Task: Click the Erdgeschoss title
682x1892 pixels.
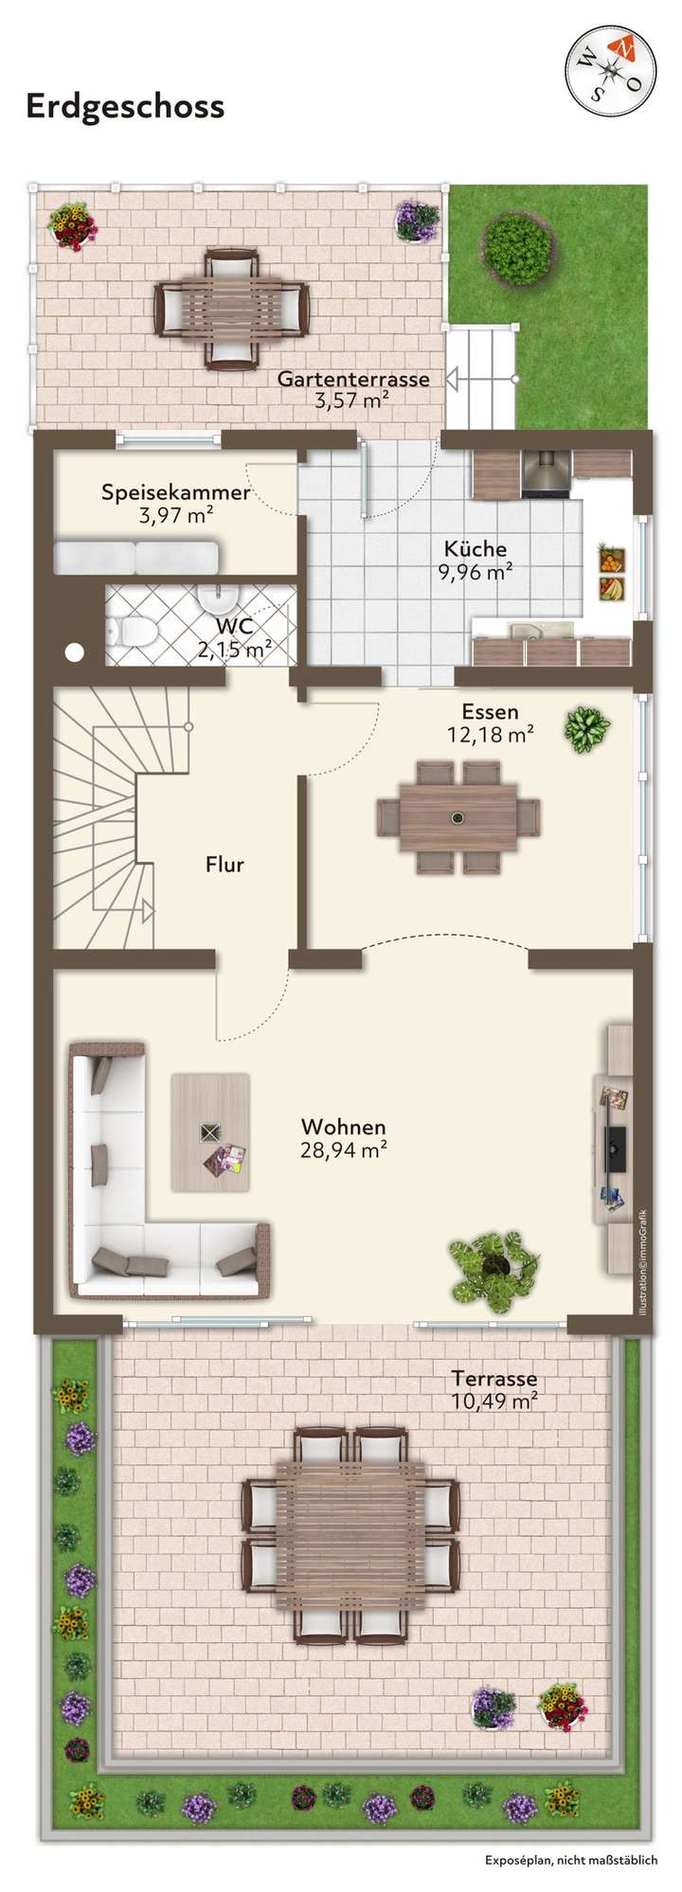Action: [x=125, y=106]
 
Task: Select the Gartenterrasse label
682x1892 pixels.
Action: [x=353, y=379]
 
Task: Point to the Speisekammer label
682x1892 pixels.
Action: [x=175, y=492]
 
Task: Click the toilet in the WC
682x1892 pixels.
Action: [x=132, y=629]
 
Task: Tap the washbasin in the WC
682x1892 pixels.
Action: [x=219, y=597]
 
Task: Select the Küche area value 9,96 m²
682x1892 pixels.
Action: [x=475, y=572]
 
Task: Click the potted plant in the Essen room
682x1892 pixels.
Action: [x=587, y=729]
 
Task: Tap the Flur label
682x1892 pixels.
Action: [x=224, y=865]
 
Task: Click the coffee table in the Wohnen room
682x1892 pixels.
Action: [x=210, y=1132]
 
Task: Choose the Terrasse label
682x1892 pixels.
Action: [x=494, y=1379]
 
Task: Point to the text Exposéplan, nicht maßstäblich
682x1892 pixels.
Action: [x=570, y=1860]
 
